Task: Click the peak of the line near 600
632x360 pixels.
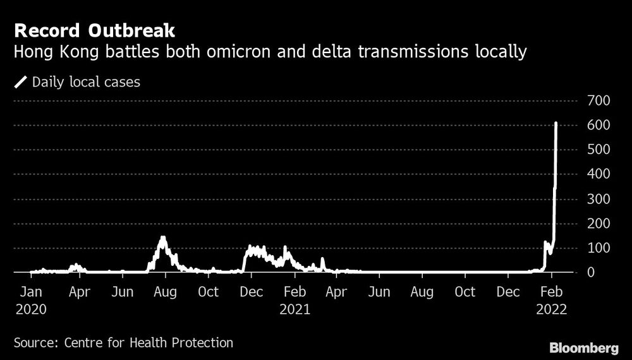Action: tap(556, 123)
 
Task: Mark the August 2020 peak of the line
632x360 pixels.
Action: tap(163, 237)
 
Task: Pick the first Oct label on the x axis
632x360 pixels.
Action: tap(208, 292)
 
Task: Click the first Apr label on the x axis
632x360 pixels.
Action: tap(78, 292)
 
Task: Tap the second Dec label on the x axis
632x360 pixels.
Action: tap(509, 292)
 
